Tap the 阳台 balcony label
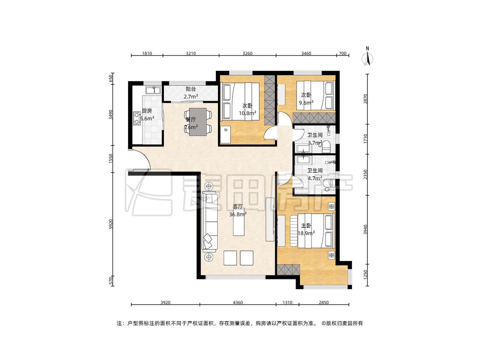tap(191, 89)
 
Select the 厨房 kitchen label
tap(147, 111)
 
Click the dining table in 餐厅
tap(198, 122)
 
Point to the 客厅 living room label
tap(238, 206)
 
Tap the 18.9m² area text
tap(306, 233)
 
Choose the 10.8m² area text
tap(247, 113)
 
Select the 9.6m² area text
tap(306, 103)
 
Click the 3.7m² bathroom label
tap(315, 143)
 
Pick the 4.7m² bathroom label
tap(315, 178)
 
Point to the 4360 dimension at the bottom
tap(238, 303)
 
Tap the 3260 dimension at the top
tap(247, 54)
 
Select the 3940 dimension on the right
tap(365, 229)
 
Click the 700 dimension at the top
tap(343, 54)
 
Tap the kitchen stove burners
tap(136, 119)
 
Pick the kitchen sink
tap(153, 90)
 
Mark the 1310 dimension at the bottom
tap(287, 303)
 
